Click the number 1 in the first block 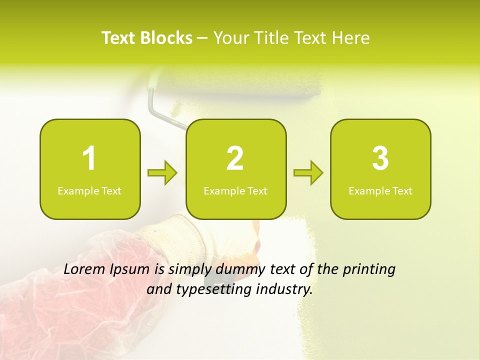tap(89, 158)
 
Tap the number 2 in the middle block tap(235, 158)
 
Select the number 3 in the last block tap(380, 158)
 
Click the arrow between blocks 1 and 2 tap(162, 173)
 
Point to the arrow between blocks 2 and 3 tap(308, 173)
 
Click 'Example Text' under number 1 tap(89, 191)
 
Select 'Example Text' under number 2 tap(235, 191)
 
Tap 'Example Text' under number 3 tap(380, 191)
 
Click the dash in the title tap(203, 38)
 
